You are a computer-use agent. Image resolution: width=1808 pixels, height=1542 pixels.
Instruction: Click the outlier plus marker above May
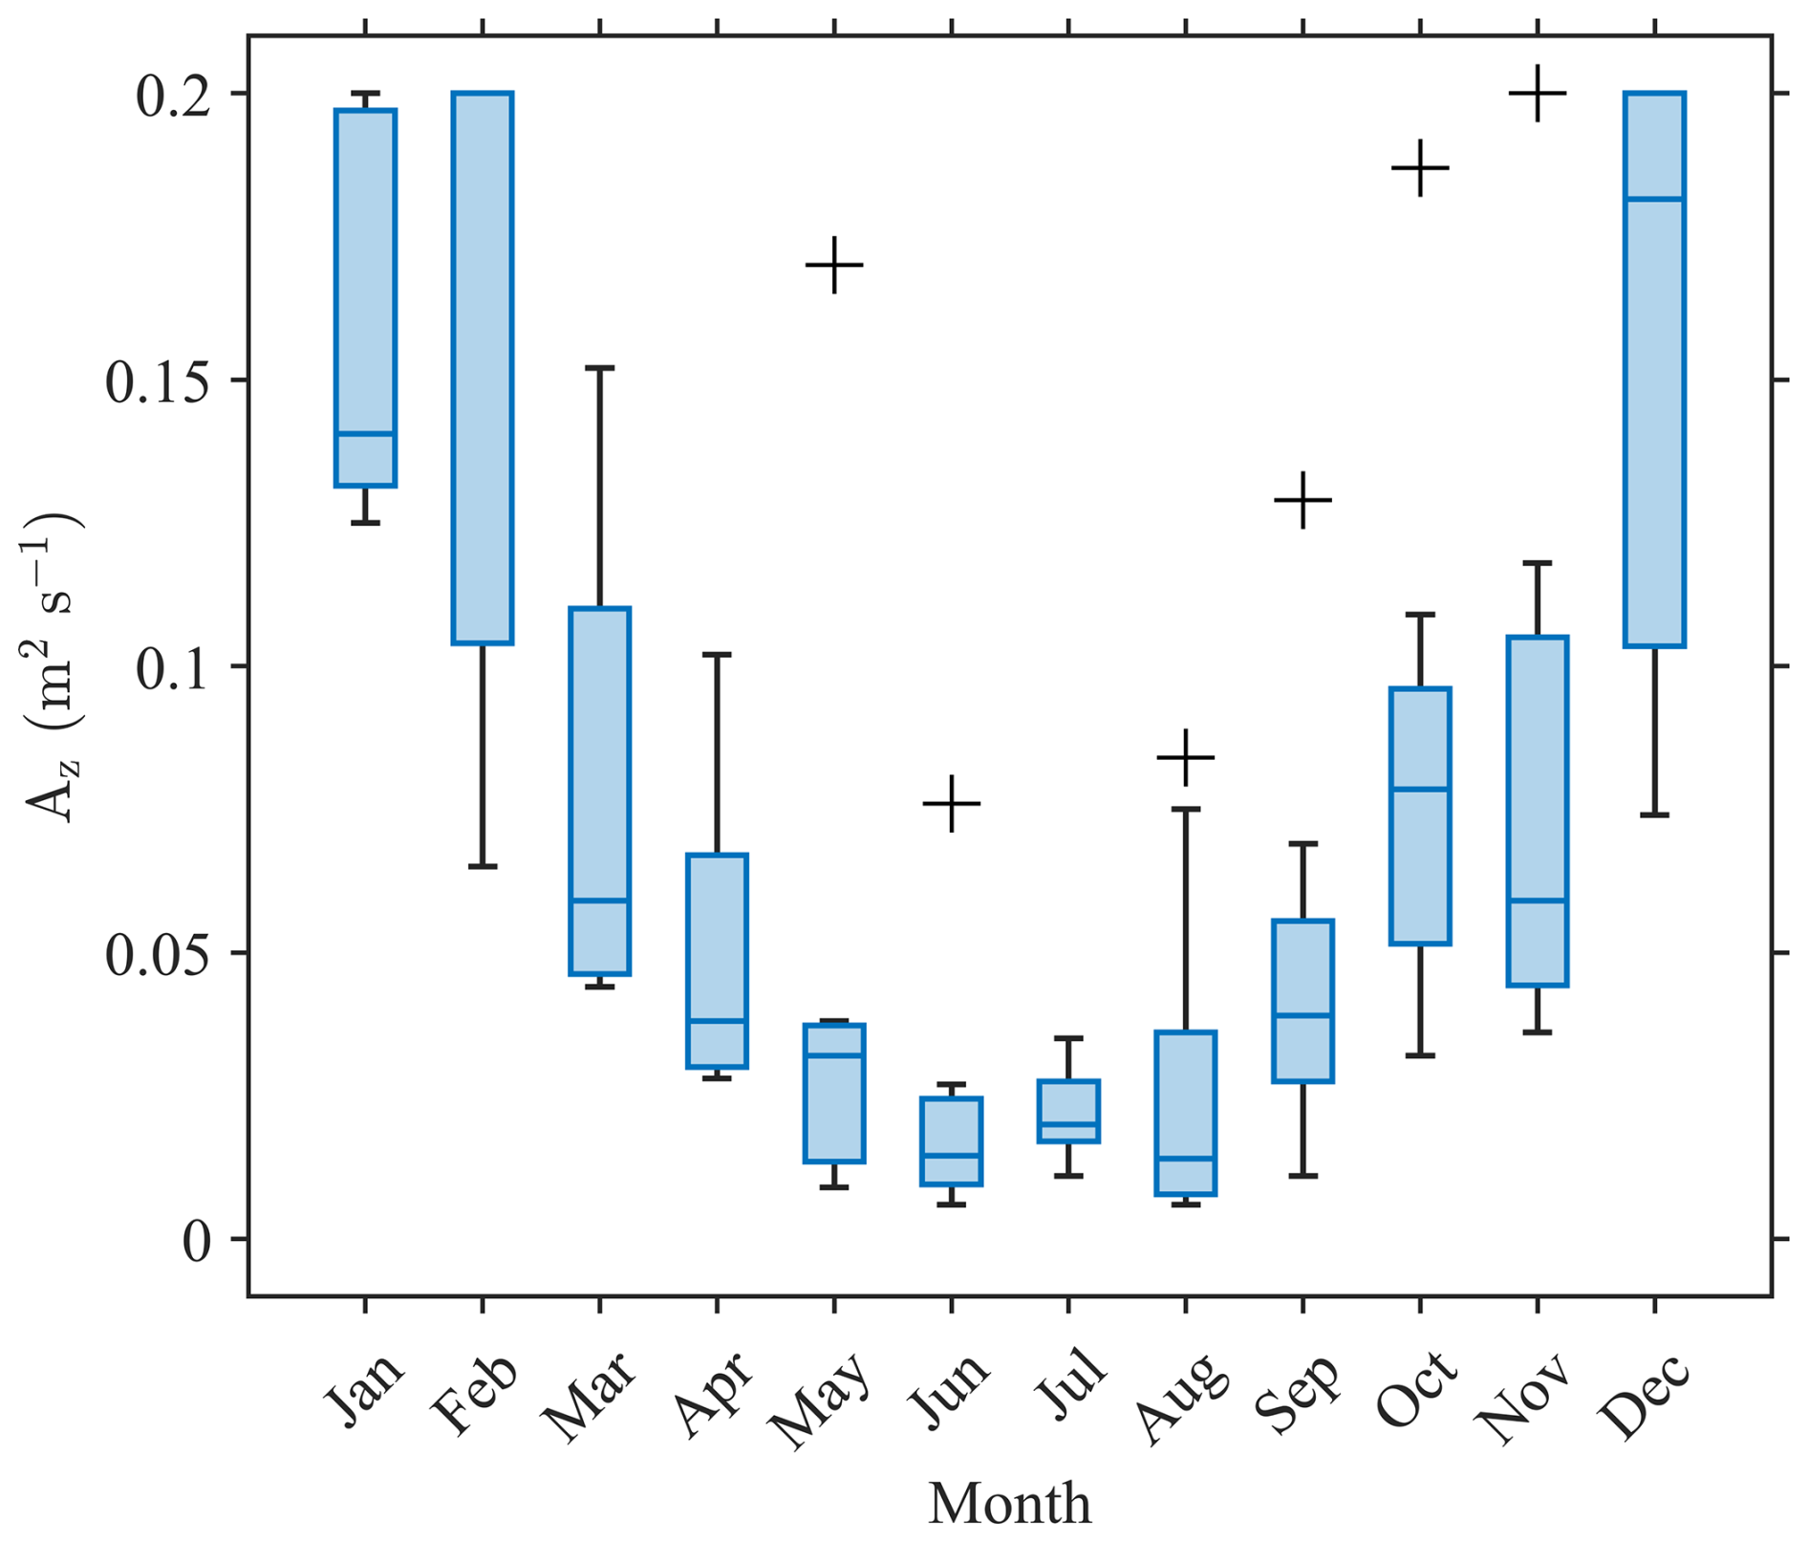click(834, 265)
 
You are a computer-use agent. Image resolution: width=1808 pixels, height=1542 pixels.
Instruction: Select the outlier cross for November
click(1538, 94)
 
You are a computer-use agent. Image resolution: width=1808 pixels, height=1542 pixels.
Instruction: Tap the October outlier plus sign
click(1421, 168)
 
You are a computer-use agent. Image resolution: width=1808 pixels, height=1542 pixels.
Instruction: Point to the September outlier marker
click(1303, 500)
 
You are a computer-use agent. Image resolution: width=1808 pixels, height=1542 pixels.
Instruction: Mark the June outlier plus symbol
click(952, 803)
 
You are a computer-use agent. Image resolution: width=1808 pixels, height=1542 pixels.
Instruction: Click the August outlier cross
click(1186, 757)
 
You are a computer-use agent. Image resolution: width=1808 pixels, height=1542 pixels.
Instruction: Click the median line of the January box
click(365, 434)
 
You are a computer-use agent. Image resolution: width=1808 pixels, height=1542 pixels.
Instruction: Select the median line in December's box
click(1655, 199)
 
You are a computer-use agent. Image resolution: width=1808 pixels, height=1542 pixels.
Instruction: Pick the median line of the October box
click(1421, 789)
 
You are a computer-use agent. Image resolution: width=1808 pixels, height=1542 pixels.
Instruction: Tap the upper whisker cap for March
click(600, 367)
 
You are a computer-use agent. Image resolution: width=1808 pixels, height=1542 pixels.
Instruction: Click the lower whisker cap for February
click(483, 866)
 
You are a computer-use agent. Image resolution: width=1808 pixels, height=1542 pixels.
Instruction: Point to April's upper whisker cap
click(717, 655)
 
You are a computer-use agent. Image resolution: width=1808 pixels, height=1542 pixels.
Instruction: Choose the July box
click(1069, 1111)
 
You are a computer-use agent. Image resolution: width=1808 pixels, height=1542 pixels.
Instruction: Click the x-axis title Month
click(1010, 1504)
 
